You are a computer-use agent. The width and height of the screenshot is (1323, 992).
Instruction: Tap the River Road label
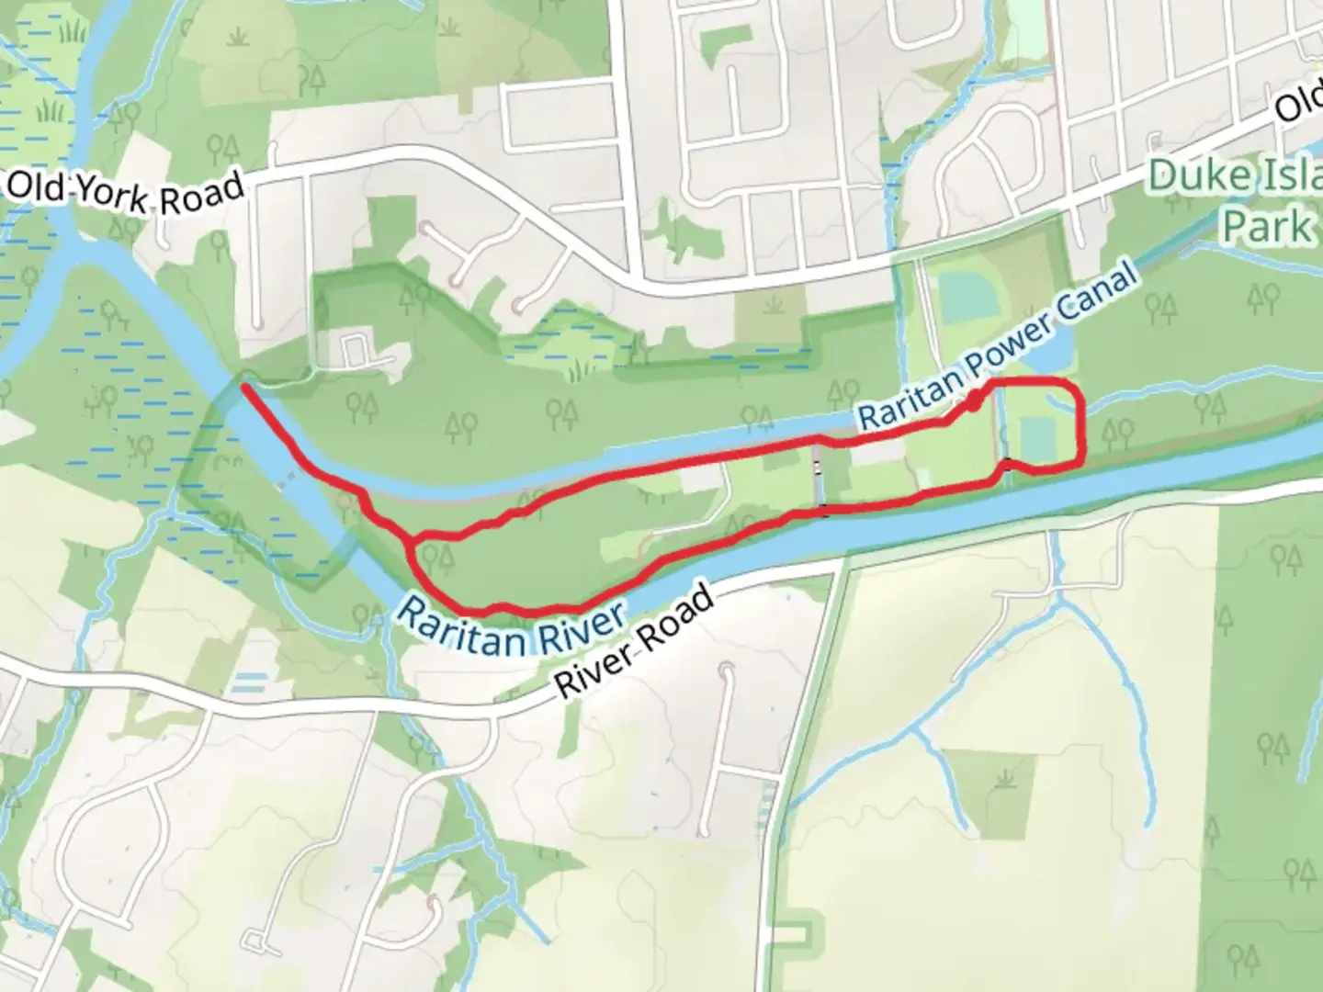tap(634, 642)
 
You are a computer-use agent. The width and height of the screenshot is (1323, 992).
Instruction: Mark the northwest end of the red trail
tap(244, 389)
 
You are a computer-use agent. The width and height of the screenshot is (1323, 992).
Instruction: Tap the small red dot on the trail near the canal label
tap(972, 400)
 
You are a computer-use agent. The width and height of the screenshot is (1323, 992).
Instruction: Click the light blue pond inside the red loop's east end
tap(1036, 438)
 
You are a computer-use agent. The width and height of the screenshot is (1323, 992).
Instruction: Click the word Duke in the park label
tap(1191, 176)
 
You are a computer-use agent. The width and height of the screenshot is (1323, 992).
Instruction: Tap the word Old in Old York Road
tap(35, 187)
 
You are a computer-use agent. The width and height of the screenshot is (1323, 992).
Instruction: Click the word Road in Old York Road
tap(203, 194)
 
